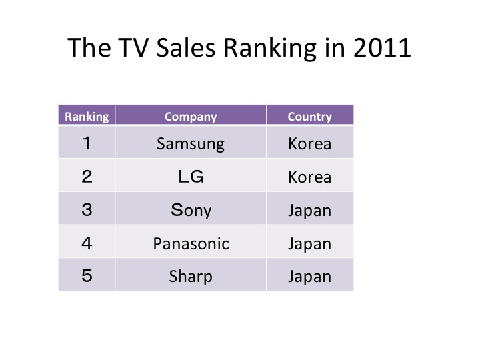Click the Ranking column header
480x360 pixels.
pyautogui.click(x=87, y=117)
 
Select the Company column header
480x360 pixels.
pyautogui.click(x=191, y=117)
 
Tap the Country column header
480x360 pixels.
pyautogui.click(x=310, y=117)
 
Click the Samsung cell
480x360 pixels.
pyautogui.click(x=191, y=144)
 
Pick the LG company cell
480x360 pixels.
pyautogui.click(x=191, y=177)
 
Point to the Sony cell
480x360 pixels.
pyautogui.click(x=191, y=210)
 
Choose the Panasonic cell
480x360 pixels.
pyautogui.click(x=191, y=244)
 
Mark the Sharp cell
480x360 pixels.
pyautogui.click(x=191, y=277)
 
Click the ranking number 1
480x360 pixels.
pyautogui.click(x=87, y=143)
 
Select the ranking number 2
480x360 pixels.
pyautogui.click(x=87, y=177)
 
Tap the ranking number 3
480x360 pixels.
pyautogui.click(x=87, y=210)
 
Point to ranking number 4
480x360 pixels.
pyautogui.click(x=87, y=243)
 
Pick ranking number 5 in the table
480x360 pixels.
pyautogui.click(x=87, y=275)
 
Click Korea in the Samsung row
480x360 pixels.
pyautogui.click(x=310, y=143)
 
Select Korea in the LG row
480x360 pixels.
pyautogui.click(x=310, y=177)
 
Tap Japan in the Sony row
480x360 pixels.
pyautogui.click(x=310, y=211)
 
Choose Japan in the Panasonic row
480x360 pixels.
pyautogui.click(x=310, y=244)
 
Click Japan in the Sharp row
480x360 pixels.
pyautogui.click(x=310, y=277)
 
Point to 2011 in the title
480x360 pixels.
pyautogui.click(x=382, y=48)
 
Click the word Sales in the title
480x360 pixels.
pyautogui.click(x=186, y=48)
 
